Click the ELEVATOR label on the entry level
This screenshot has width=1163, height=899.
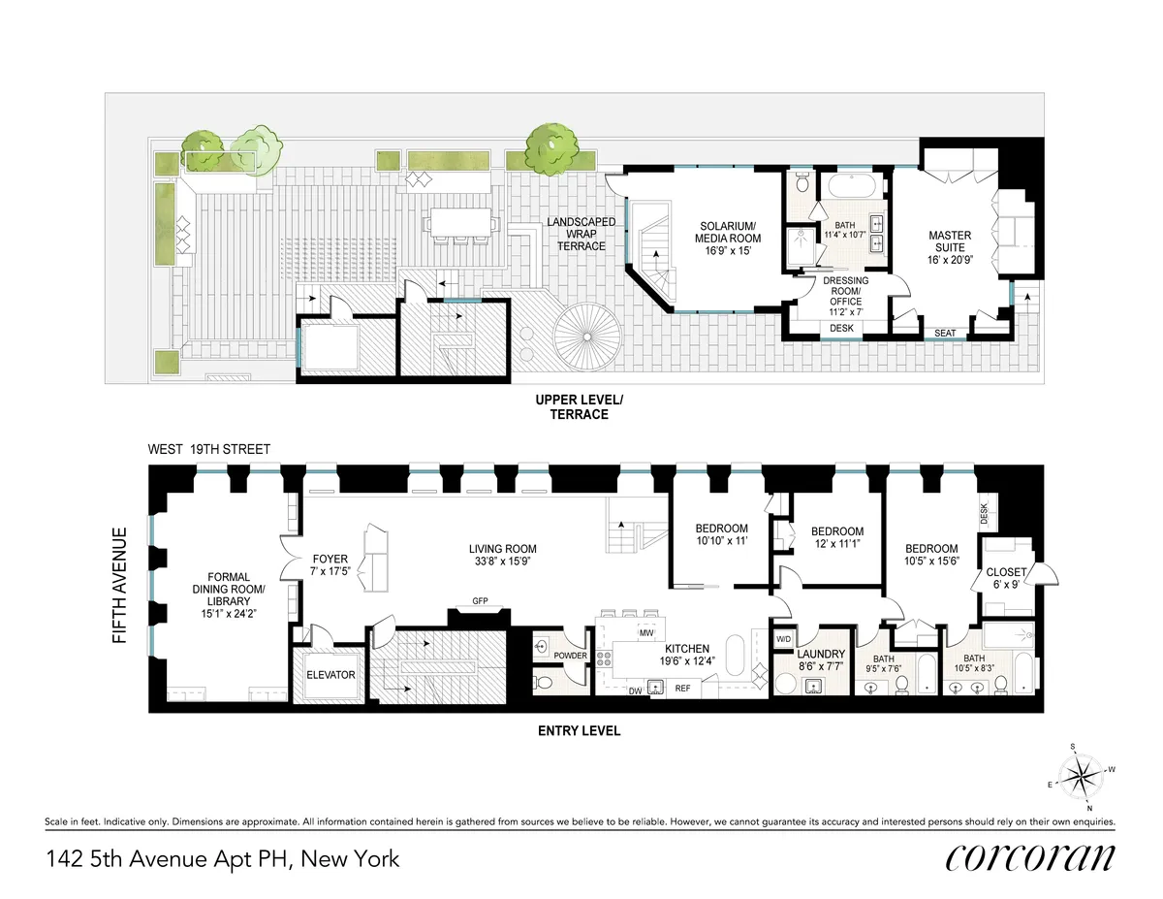pos(330,675)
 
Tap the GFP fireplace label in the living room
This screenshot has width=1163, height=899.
pos(480,601)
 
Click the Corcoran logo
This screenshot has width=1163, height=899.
pos(1029,857)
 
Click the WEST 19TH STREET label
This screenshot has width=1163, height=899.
pos(208,449)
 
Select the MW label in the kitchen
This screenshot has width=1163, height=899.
pos(644,633)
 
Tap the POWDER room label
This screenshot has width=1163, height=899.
pos(571,655)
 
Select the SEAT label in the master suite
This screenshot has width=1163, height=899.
pos(945,333)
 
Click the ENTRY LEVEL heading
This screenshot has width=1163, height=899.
pos(579,730)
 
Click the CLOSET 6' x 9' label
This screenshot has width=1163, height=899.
pos(1006,578)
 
